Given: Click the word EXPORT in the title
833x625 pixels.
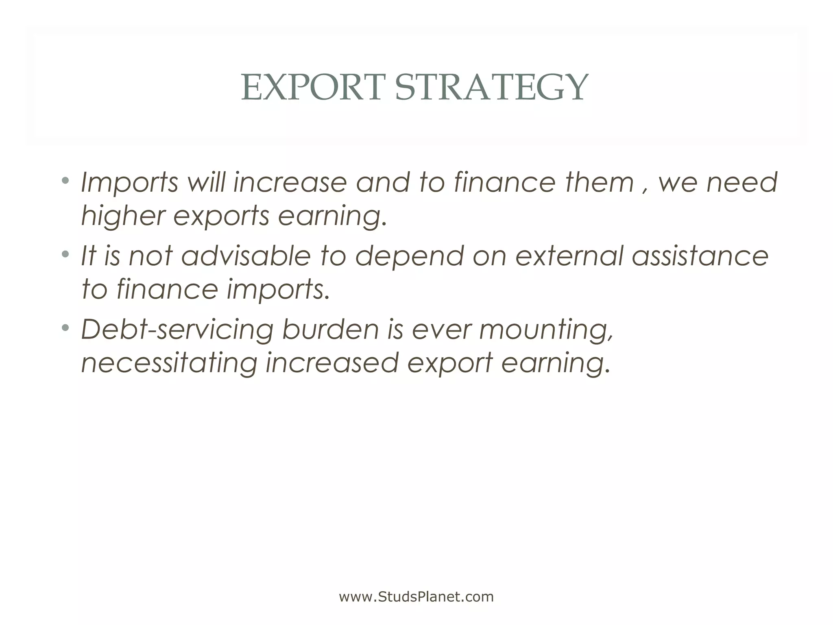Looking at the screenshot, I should pos(312,87).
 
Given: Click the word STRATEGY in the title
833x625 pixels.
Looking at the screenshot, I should pos(491,87).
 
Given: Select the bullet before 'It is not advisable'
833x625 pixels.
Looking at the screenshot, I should pos(65,254).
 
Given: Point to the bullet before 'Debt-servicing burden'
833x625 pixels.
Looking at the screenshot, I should pos(65,328).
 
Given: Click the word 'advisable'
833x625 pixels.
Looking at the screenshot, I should pos(246,256).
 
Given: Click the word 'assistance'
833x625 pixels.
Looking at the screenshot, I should pos(700,256).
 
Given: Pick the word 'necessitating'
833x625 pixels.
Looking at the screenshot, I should pos(169,363).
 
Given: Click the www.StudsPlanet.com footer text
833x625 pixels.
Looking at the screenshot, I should pos(416,597).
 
